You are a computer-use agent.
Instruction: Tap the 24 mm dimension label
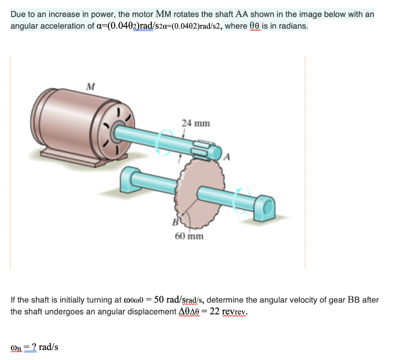tap(196, 123)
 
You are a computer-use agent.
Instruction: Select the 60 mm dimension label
tap(189, 236)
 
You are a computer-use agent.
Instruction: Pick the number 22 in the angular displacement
tap(214, 311)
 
